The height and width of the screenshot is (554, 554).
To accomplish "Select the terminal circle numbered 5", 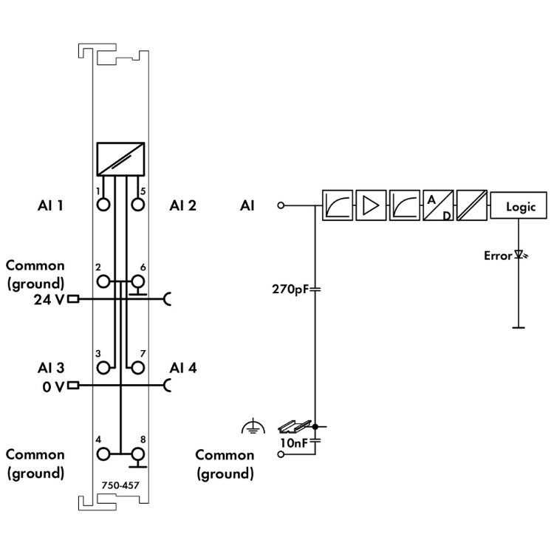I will click(x=137, y=204).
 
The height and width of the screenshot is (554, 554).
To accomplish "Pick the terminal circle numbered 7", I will click(x=137, y=367).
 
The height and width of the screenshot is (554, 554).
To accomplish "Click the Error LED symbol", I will click(x=520, y=256).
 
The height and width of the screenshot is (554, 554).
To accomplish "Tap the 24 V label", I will click(x=49, y=300).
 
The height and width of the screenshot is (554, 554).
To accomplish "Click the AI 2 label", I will click(x=182, y=205).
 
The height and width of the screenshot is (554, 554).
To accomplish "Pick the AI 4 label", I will click(x=182, y=367).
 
